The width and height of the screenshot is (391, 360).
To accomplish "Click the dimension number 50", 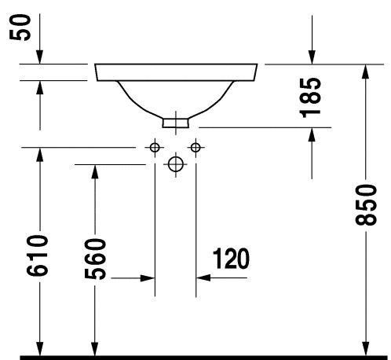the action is click(x=20, y=28).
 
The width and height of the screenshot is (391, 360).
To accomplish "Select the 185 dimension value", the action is click(x=310, y=97).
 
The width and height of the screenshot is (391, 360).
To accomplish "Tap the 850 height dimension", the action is click(x=366, y=204).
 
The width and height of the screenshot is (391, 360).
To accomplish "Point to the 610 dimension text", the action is click(x=38, y=255).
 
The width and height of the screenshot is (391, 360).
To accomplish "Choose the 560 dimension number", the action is click(x=95, y=259).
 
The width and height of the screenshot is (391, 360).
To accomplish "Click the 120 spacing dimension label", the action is click(x=231, y=259).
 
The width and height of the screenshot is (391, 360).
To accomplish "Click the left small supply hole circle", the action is click(x=155, y=148).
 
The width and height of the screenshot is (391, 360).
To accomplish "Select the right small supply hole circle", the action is click(x=195, y=147).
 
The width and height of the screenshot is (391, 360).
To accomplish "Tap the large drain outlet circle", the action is click(x=176, y=164).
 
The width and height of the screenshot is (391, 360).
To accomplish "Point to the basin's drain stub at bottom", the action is click(x=175, y=123).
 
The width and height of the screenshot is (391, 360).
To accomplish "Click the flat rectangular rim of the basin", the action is click(x=176, y=72).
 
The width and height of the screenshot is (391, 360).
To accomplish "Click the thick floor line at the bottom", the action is click(x=203, y=358).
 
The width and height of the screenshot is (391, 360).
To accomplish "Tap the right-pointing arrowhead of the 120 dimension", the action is click(x=148, y=278).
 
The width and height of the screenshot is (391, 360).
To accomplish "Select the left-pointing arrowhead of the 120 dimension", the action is click(x=203, y=277).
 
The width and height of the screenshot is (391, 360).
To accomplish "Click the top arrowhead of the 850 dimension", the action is click(x=366, y=72).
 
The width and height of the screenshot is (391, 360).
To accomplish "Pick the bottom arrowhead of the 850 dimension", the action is click(x=366, y=348).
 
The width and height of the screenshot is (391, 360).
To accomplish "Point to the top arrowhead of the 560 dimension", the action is click(x=95, y=172).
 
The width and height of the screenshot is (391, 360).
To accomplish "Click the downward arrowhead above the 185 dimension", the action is click(x=312, y=57).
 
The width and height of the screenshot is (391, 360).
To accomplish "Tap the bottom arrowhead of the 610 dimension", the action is click(x=40, y=348).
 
